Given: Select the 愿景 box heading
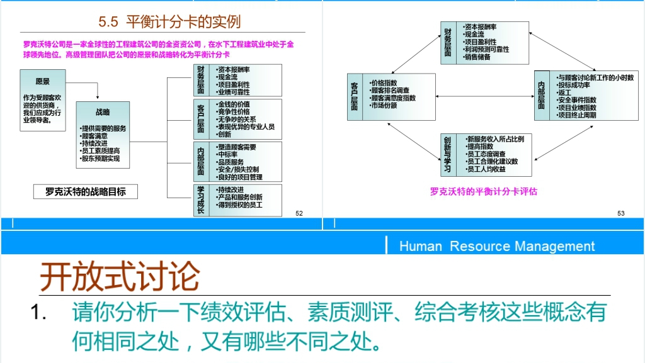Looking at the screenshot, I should tap(43, 82).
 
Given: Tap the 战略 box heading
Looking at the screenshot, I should tap(103, 112).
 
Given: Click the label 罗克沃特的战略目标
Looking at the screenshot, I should tap(86, 191).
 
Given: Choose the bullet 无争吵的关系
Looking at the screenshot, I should tap(236, 119).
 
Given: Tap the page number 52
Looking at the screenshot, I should tap(299, 213).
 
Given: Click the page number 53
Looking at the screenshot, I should tap(621, 213).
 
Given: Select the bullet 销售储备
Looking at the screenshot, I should tap(477, 57).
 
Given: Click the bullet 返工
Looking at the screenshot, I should tap(563, 92).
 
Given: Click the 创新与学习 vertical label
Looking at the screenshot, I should tap(447, 154).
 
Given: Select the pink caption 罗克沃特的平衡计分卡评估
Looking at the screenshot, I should tap(484, 191).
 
